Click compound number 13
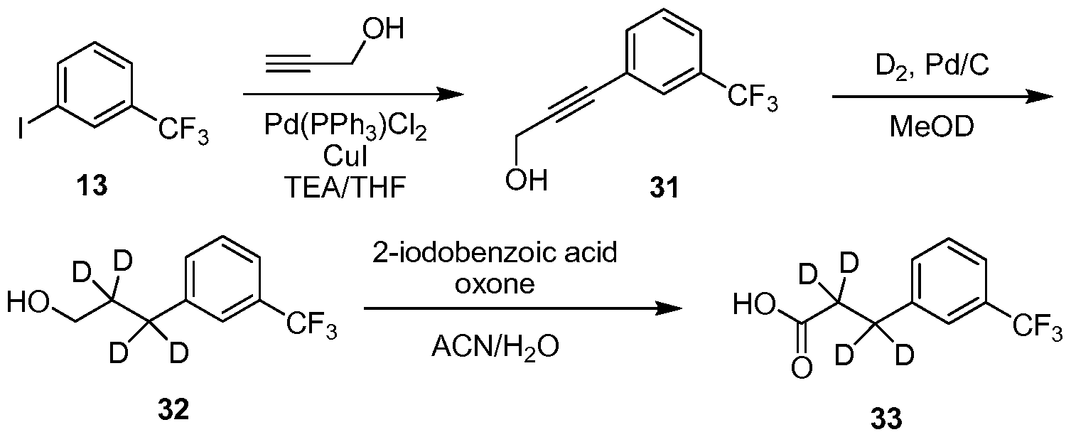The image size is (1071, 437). pyautogui.click(x=92, y=185)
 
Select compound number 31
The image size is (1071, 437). pyautogui.click(x=664, y=188)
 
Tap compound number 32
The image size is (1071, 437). pyautogui.click(x=173, y=409)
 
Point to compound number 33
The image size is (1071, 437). pyautogui.click(x=887, y=419)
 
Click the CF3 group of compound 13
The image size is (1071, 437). pyautogui.click(x=183, y=132)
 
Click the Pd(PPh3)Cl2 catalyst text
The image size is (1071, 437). pyautogui.click(x=345, y=128)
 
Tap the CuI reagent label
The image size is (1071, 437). pyautogui.click(x=345, y=156)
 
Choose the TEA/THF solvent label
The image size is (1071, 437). pyautogui.click(x=345, y=187)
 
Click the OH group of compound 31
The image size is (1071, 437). pyautogui.click(x=527, y=181)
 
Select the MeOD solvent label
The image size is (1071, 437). pyautogui.click(x=932, y=127)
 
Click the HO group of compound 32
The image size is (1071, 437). pyautogui.click(x=28, y=303)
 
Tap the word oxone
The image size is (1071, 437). pyautogui.click(x=495, y=284)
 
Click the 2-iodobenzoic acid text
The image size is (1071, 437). pyautogui.click(x=495, y=252)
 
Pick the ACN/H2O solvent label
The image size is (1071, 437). pyautogui.click(x=495, y=347)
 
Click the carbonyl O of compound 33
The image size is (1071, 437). pyautogui.click(x=802, y=369)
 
